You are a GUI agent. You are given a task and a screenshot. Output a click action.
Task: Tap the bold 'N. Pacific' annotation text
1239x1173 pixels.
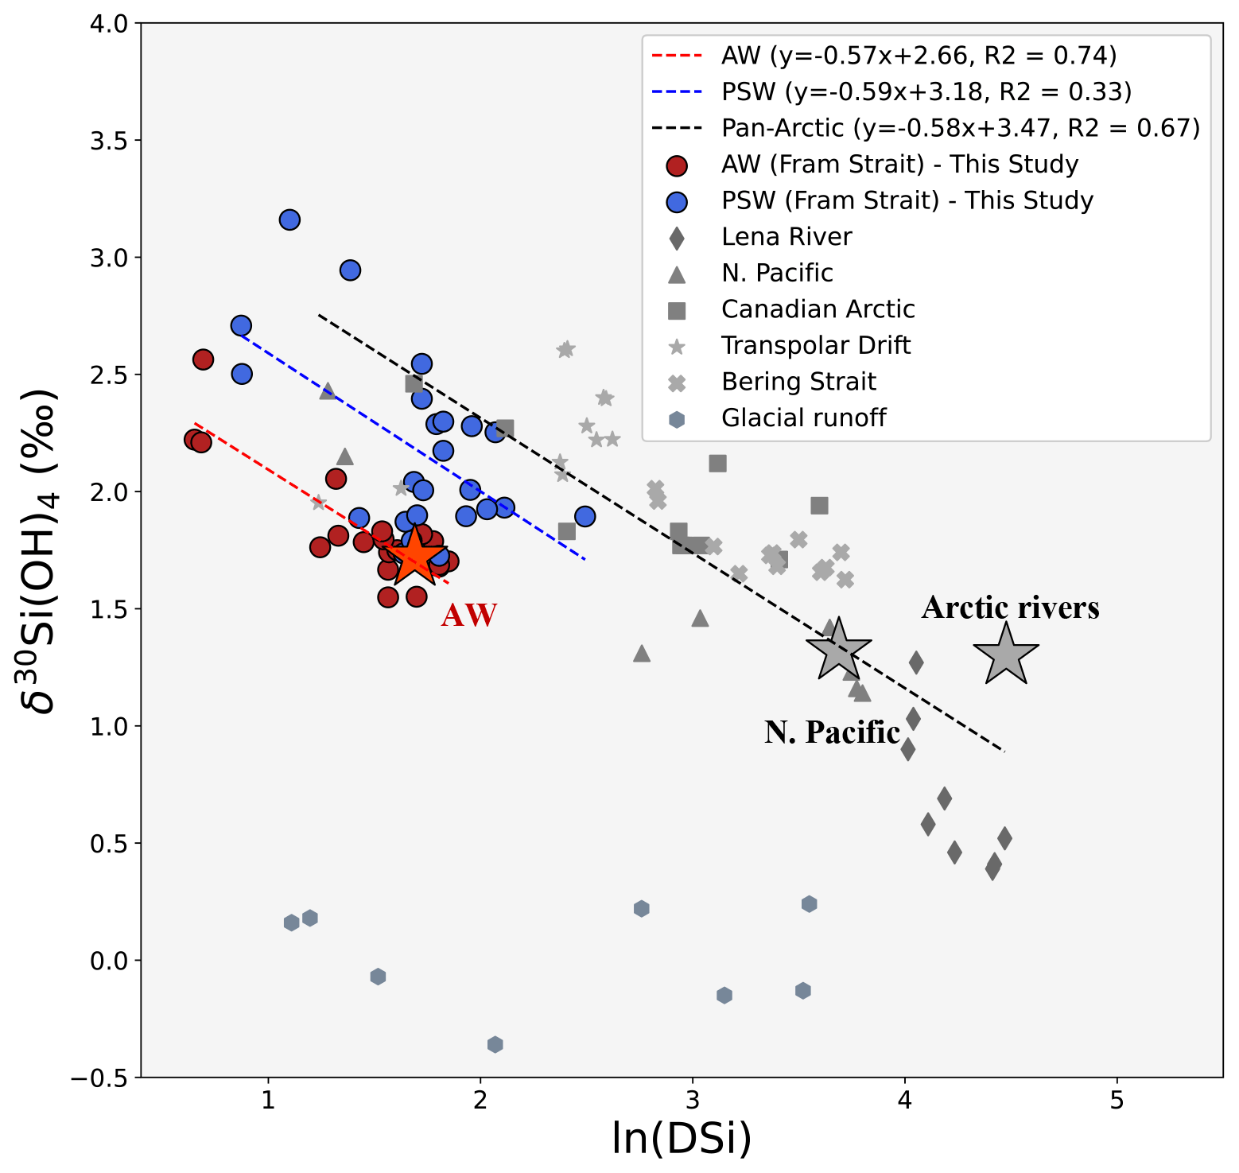coord(832,732)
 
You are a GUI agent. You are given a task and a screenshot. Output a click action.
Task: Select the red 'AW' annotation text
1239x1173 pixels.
coord(469,616)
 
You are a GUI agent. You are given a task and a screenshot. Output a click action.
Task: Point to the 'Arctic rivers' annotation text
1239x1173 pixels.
coord(1011,608)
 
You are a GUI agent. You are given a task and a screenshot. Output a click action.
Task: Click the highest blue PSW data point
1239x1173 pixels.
coord(289,219)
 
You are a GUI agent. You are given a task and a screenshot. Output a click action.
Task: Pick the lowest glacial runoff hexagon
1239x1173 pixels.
coord(495,1044)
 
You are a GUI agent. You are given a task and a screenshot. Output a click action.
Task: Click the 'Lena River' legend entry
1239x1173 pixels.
coord(787,237)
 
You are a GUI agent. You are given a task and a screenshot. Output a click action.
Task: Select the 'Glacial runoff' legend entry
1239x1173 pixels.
coord(803,418)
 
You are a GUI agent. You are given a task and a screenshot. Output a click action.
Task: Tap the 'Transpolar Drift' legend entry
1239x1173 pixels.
coord(816,345)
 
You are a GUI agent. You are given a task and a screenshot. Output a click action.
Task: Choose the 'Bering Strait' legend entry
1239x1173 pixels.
coord(798,382)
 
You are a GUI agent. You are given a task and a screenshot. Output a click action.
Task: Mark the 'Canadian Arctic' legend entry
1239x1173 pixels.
coord(818,309)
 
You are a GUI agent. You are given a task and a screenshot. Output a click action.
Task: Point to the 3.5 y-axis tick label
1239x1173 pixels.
coord(109,141)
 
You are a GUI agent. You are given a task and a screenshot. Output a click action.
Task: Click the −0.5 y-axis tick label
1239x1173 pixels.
coord(99,1078)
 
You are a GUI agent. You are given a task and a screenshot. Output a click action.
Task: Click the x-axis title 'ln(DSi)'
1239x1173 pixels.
coord(682,1139)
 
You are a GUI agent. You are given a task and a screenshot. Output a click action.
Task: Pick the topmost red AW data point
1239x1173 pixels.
coord(203,359)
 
